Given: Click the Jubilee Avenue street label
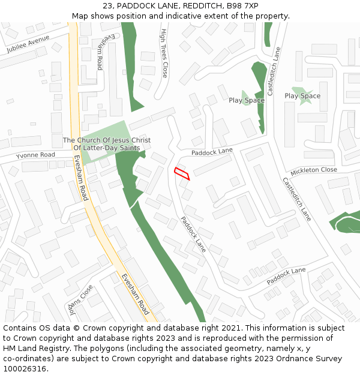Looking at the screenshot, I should pyautogui.click(x=28, y=44).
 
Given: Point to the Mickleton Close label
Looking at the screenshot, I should pyautogui.click(x=313, y=170).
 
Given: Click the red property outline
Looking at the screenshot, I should pyautogui.click(x=182, y=173).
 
